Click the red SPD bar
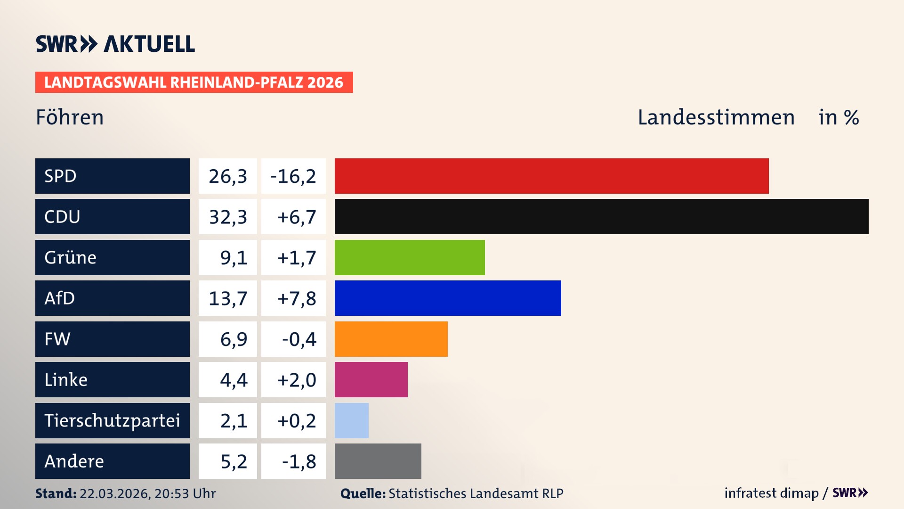pos(551,176)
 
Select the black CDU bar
pos(601,217)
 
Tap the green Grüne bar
pos(410,257)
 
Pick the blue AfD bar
pos(448,298)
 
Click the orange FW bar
pos(391,339)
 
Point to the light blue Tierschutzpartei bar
pos(351,420)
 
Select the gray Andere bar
pos(378,461)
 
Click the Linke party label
pos(66,380)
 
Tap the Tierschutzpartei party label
pos(112,420)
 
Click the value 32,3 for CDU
pos(228,217)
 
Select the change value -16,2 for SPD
pos(293,176)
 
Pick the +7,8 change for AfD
pos(297,298)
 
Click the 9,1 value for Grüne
pos(234,258)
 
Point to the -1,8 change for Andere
pos(299,461)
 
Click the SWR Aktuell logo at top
pos(115,44)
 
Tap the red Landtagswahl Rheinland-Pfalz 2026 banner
pos(194,82)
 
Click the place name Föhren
pos(70,117)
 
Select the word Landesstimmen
pos(716,117)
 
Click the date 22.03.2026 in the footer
pos(114,493)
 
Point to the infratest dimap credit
pos(771,493)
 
